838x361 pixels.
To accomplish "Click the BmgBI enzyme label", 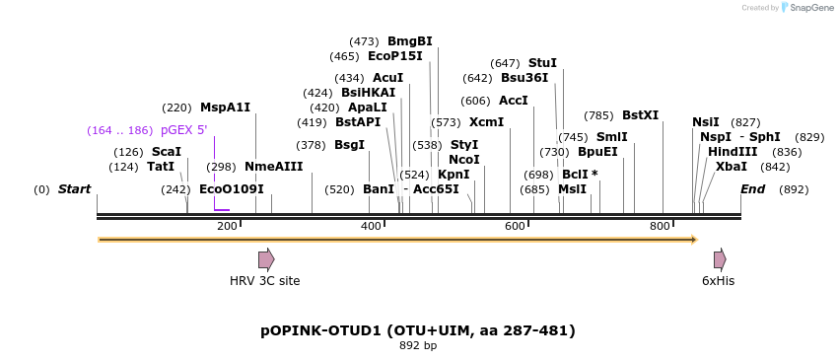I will click(x=410, y=41).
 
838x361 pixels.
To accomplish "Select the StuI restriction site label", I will click(x=542, y=63).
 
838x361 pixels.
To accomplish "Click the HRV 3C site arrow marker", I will click(x=266, y=259).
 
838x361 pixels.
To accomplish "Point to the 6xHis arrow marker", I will click(x=720, y=259).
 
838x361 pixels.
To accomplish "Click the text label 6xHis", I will click(x=719, y=281).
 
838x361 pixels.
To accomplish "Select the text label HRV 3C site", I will click(x=265, y=281).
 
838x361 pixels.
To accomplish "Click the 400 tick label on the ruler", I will click(x=371, y=227).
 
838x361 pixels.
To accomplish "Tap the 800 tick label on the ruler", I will click(x=660, y=227).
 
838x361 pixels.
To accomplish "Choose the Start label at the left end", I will click(x=74, y=189).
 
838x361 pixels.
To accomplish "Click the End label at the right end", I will click(x=752, y=189).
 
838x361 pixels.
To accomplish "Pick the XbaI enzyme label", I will click(x=732, y=167).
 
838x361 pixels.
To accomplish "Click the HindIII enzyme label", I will click(x=733, y=152).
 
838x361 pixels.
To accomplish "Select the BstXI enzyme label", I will click(x=640, y=115).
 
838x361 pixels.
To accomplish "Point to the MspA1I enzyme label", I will click(x=225, y=108).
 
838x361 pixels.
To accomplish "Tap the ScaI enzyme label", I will click(x=167, y=152).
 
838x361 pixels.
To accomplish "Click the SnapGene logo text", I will click(x=811, y=8).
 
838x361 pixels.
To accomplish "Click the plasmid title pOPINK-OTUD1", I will click(x=418, y=329).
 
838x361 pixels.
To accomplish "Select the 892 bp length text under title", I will click(x=418, y=345).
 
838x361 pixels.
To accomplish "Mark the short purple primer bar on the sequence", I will click(x=222, y=209).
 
